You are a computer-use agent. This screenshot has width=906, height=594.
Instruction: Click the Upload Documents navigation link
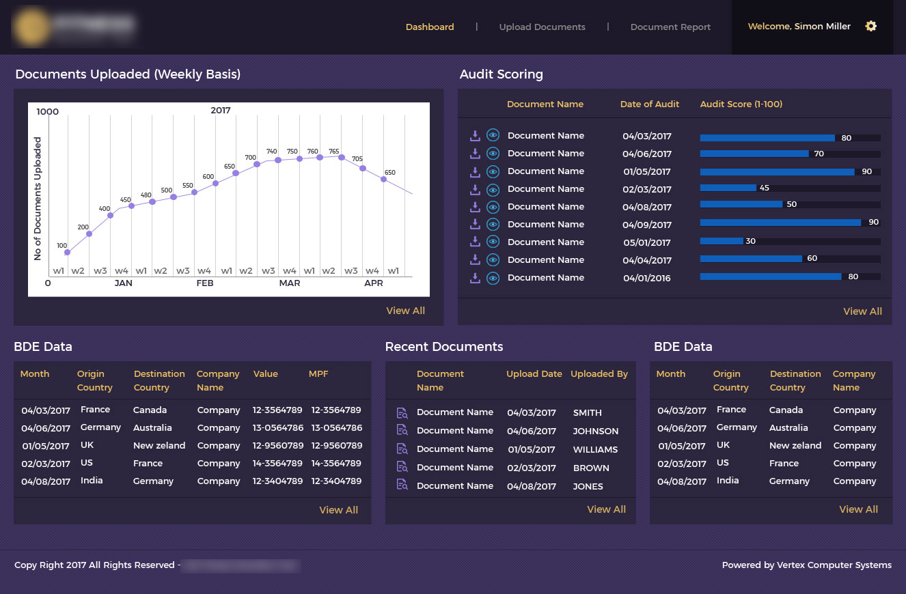click(x=542, y=27)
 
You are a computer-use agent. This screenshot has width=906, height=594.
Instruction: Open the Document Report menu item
click(x=670, y=27)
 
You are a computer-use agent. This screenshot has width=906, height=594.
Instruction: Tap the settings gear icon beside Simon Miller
click(x=870, y=27)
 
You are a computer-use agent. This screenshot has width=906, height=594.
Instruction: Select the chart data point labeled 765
click(x=341, y=156)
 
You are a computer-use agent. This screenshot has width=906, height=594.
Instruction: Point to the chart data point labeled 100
click(x=67, y=253)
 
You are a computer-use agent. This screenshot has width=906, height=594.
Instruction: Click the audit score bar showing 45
click(x=728, y=188)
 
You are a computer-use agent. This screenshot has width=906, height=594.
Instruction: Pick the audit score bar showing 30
click(x=722, y=241)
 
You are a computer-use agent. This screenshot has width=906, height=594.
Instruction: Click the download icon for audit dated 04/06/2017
click(x=475, y=154)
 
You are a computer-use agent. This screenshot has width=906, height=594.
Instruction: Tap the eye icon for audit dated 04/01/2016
click(x=493, y=278)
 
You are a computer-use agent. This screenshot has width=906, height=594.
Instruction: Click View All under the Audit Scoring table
click(x=862, y=311)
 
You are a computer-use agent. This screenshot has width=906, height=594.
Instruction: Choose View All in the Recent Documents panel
click(x=606, y=509)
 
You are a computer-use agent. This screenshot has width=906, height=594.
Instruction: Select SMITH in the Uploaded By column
click(x=587, y=413)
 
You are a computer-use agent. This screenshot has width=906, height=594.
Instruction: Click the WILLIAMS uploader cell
click(x=595, y=450)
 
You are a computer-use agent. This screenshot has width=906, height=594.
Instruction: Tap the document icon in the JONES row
click(x=402, y=486)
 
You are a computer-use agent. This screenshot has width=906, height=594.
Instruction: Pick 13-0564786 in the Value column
click(x=277, y=428)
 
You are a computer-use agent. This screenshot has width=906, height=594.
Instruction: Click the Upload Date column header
click(x=534, y=374)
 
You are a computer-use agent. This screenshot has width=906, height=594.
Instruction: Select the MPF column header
click(x=318, y=374)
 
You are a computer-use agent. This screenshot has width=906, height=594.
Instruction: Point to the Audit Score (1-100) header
click(x=741, y=104)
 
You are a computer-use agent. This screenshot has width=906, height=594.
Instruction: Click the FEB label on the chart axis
click(x=205, y=283)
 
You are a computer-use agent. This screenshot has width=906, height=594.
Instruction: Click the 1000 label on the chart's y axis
click(x=48, y=111)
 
